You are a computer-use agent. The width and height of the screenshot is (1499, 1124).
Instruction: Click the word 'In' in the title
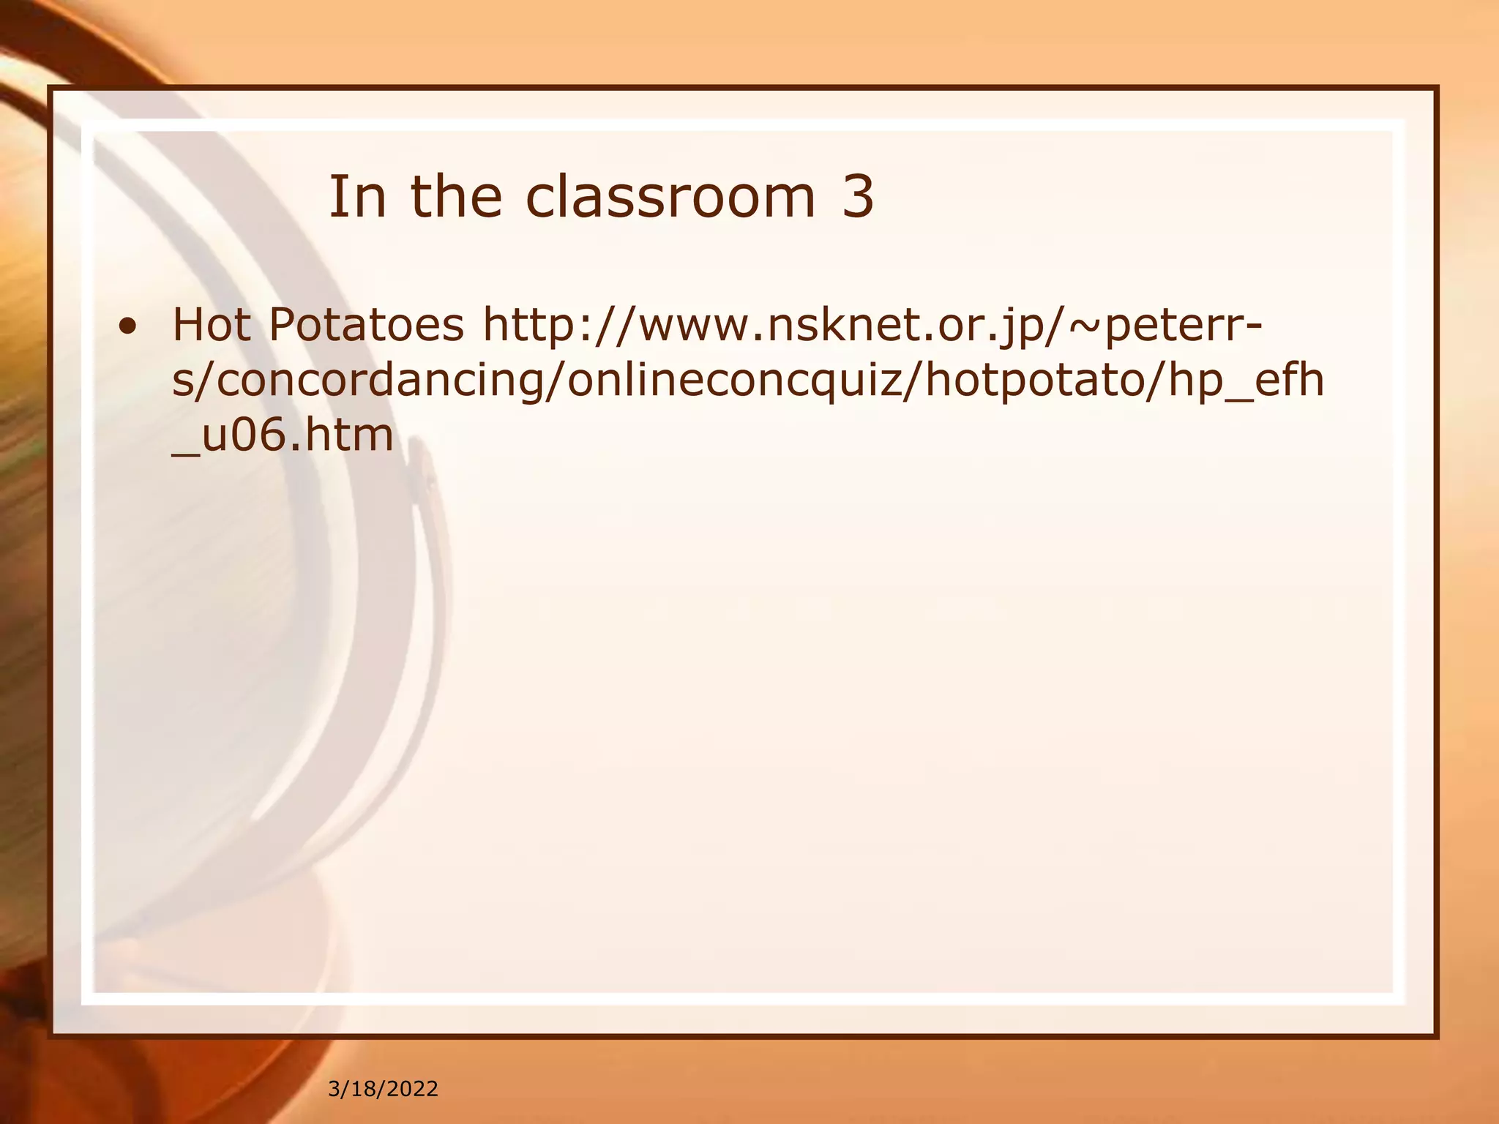click(x=356, y=197)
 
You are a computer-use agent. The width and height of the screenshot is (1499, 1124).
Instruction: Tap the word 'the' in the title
click(x=456, y=197)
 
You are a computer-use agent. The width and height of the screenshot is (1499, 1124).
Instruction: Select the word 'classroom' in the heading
click(x=670, y=197)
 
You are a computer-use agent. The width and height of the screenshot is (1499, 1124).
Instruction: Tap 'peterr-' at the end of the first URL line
click(x=1183, y=326)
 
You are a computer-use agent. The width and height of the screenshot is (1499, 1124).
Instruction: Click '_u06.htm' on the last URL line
click(x=283, y=436)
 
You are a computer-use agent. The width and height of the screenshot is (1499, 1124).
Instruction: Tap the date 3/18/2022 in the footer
click(x=383, y=1089)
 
